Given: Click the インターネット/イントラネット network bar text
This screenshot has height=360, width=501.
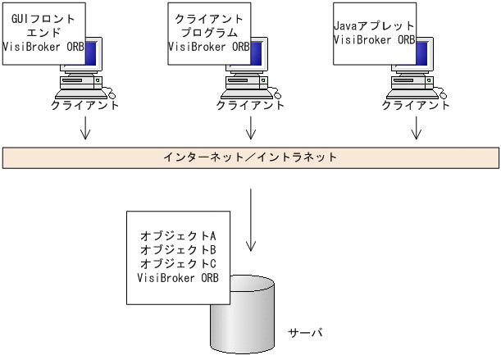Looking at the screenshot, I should tap(250, 156).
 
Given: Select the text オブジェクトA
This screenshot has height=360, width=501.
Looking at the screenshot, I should tap(178, 235).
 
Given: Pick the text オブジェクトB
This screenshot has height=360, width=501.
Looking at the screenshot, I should tap(178, 249).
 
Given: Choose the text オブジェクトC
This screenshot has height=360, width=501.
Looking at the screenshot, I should tap(178, 263).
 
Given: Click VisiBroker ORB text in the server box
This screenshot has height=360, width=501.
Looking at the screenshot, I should tap(178, 277).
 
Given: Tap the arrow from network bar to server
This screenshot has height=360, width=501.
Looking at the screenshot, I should tap(251, 220).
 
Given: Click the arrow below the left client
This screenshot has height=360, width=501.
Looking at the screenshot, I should tap(85, 127).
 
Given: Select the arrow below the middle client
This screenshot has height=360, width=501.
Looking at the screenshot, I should tap(251, 127).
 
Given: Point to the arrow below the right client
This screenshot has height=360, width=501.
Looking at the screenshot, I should tap(417, 127).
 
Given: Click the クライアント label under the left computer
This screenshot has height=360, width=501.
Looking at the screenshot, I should tap(85, 105).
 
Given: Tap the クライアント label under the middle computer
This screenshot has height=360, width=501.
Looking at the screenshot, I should tap(251, 105).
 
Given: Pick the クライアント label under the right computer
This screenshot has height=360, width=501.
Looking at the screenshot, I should tap(417, 105).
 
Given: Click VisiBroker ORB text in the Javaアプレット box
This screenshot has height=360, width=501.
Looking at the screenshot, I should tap(374, 39).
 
